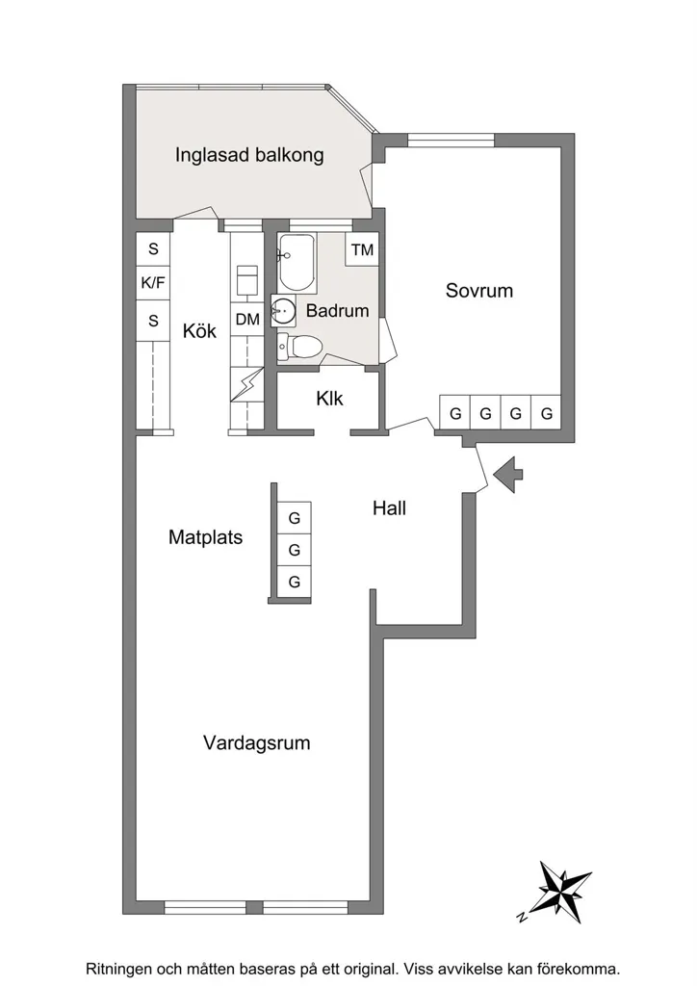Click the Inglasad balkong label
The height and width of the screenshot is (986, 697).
(x=249, y=155)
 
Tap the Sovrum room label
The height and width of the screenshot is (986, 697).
(x=478, y=291)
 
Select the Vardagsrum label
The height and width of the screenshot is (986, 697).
(x=256, y=742)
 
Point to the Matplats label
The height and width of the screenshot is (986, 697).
(x=205, y=537)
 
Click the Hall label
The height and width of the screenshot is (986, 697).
(x=389, y=508)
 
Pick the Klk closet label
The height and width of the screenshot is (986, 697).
(x=329, y=398)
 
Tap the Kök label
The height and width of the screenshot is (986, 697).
(x=199, y=331)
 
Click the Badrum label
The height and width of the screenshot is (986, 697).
(x=338, y=311)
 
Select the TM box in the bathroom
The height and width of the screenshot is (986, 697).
(x=362, y=249)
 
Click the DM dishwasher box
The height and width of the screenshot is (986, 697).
(x=247, y=320)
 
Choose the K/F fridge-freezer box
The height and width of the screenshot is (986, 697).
(x=153, y=283)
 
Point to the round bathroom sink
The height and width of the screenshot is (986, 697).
(x=283, y=311)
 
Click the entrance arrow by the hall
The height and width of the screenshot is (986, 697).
(x=508, y=474)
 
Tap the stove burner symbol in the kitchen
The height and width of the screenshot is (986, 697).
(x=247, y=280)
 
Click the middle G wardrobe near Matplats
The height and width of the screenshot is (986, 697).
(x=295, y=550)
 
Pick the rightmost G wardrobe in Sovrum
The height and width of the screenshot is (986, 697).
(x=546, y=413)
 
